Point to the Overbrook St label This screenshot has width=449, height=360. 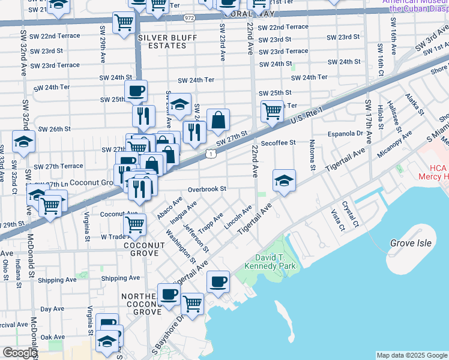[206, 189]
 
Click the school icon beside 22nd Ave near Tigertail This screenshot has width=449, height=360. [284, 181]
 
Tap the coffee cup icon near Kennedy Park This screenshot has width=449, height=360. [218, 281]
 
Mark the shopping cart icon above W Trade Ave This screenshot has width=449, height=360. [135, 225]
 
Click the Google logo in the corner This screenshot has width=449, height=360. [19, 353]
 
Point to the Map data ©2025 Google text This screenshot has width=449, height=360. [411, 355]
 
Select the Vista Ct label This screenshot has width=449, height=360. [337, 220]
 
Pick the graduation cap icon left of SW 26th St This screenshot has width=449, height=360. [23, 142]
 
